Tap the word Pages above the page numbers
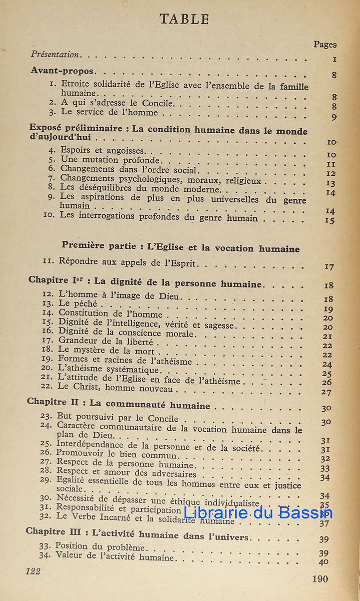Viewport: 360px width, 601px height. point(325,45)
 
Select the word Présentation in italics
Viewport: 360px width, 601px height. point(55,54)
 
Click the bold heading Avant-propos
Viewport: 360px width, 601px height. point(62,71)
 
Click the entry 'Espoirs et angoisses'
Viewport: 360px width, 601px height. point(103,150)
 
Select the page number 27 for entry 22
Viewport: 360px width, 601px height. point(326,392)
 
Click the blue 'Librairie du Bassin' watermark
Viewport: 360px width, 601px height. point(258,512)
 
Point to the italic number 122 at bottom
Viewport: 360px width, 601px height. point(33,571)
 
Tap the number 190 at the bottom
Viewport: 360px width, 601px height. point(319,579)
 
